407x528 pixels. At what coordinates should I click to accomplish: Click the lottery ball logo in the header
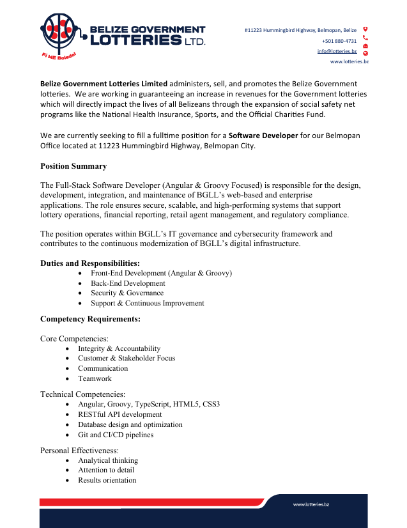coord(59,31)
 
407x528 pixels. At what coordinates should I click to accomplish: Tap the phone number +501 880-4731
coord(339,40)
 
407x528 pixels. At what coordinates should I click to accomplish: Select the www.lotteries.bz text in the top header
coord(349,61)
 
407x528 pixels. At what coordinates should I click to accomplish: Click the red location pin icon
coord(365,29)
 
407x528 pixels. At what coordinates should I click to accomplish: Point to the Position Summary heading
coord(73,166)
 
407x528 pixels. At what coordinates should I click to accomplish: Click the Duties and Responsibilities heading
coord(90,263)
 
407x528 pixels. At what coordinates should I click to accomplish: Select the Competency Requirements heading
coord(90,318)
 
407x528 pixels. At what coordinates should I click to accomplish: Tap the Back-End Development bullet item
coord(128,283)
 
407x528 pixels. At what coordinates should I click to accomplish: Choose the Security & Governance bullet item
coord(127,293)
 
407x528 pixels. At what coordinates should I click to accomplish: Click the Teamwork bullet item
coord(95,378)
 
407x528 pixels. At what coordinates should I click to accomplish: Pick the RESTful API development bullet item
coord(119,414)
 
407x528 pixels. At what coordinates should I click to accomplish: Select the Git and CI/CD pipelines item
coord(116,435)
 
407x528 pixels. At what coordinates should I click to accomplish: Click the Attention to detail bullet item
coord(106,470)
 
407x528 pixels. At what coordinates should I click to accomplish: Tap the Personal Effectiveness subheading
coord(79,450)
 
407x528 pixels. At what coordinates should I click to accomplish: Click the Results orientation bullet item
coord(107,480)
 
